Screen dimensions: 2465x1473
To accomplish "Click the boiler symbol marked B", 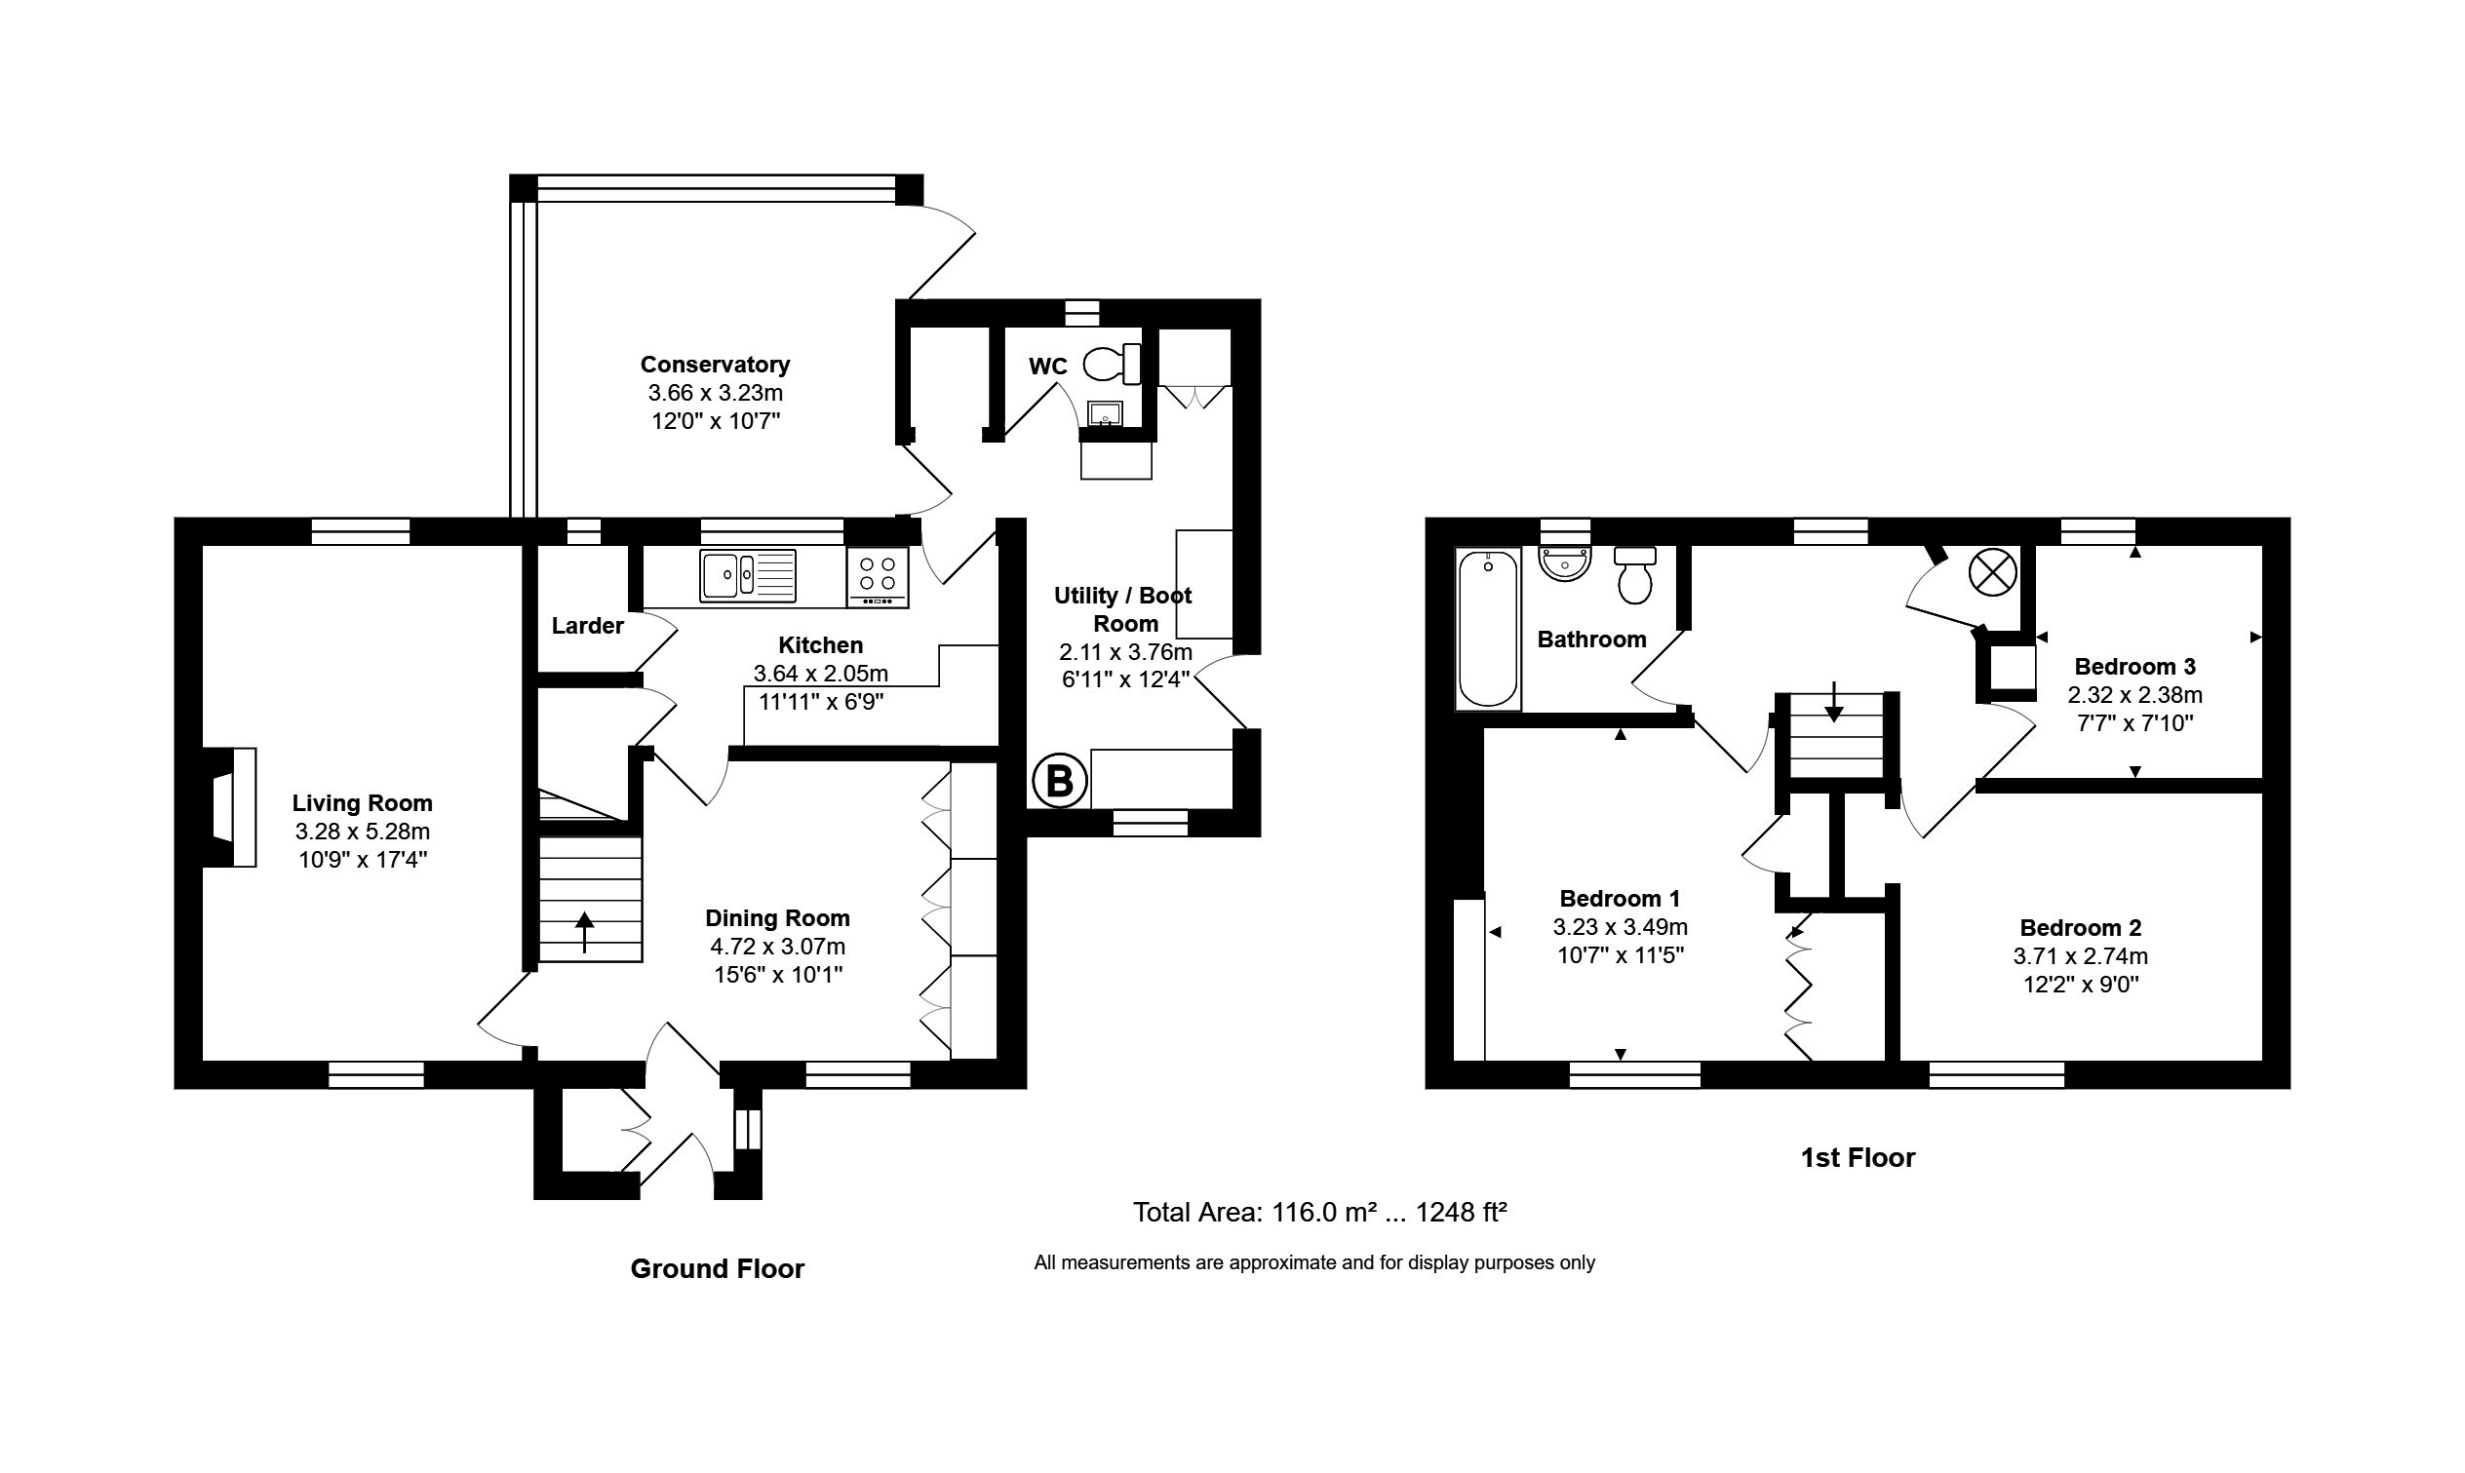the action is click(1059, 782).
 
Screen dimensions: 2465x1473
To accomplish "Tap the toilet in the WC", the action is click(1111, 365).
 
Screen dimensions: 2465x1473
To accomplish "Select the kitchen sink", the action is click(747, 576).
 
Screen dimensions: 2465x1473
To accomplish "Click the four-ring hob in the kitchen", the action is click(878, 576).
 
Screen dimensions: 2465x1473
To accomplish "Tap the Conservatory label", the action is click(715, 365).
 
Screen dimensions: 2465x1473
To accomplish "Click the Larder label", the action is click(588, 625).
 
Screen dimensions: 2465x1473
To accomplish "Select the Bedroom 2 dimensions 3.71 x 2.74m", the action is click(2080, 956).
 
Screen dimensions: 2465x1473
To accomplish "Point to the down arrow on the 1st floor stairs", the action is click(1833, 702).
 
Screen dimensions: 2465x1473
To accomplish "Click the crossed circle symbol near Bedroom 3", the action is click(1992, 574).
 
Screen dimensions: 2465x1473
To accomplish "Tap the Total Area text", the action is click(1319, 1212).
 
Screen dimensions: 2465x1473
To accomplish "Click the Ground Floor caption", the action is click(717, 1268).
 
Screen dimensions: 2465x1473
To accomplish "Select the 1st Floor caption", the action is click(1858, 1157).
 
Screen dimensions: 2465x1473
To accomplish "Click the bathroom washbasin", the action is click(1564, 563).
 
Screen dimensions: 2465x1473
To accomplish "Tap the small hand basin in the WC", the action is click(1104, 413).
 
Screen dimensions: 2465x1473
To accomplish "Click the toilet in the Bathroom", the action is click(1634, 575).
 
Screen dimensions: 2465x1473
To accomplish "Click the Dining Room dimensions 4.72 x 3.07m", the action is click(777, 946).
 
